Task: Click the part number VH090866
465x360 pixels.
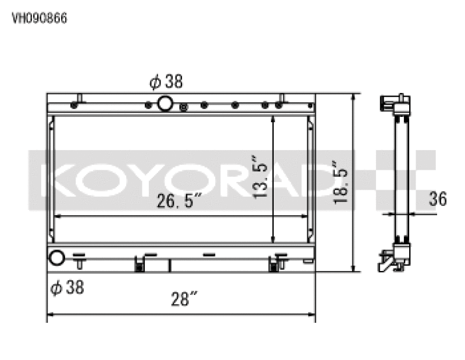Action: (40, 18)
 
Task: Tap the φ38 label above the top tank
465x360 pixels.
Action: (166, 83)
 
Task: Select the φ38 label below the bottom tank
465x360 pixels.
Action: (67, 287)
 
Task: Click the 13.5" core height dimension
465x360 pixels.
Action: (262, 177)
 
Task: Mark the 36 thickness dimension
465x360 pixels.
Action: (438, 199)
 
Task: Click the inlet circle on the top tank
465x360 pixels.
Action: (165, 104)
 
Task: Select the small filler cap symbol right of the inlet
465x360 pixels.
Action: (184, 106)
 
